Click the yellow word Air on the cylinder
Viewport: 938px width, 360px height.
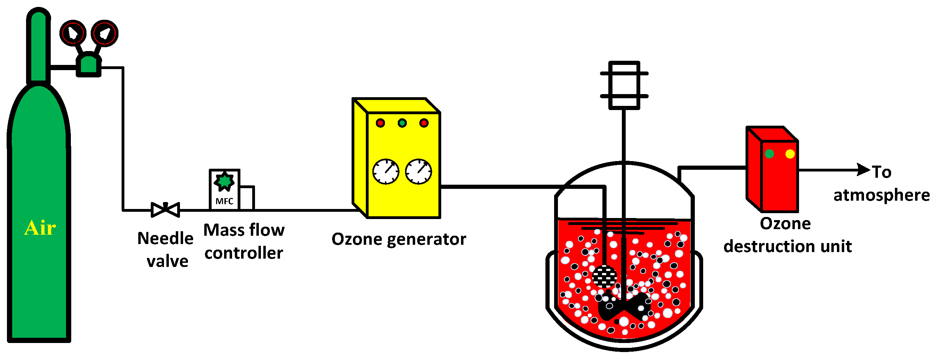40,228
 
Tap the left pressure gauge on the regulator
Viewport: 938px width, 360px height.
73,33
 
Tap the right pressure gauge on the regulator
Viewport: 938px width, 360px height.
105,33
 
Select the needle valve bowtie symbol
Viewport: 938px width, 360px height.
165,210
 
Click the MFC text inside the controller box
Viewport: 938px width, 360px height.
224,201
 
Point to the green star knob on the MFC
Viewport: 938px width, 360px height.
224,181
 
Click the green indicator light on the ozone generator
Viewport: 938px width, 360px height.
402,123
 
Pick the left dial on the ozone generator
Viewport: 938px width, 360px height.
386,171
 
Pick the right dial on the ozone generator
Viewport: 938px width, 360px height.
418,171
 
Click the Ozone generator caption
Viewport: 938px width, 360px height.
399,239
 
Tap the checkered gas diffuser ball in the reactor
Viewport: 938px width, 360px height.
604,277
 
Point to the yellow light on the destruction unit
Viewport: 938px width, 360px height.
790,154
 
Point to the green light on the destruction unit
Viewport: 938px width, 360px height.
770,154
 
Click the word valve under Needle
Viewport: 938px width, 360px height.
167,261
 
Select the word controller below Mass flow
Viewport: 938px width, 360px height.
244,253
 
